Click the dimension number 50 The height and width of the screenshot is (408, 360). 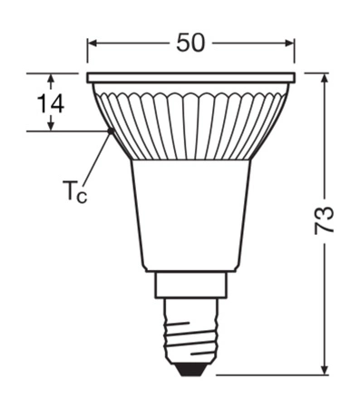click(190, 42)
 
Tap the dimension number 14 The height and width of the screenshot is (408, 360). click(52, 103)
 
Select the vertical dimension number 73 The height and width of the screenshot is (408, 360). click(324, 223)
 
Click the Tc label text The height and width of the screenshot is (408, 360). click(74, 192)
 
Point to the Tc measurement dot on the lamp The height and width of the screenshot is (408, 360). click(111, 131)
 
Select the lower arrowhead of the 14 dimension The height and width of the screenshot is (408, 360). click(52, 126)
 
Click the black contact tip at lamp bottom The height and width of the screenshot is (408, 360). click(191, 368)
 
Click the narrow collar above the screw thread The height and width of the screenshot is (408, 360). click(191, 285)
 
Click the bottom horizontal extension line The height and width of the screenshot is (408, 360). click(272, 374)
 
